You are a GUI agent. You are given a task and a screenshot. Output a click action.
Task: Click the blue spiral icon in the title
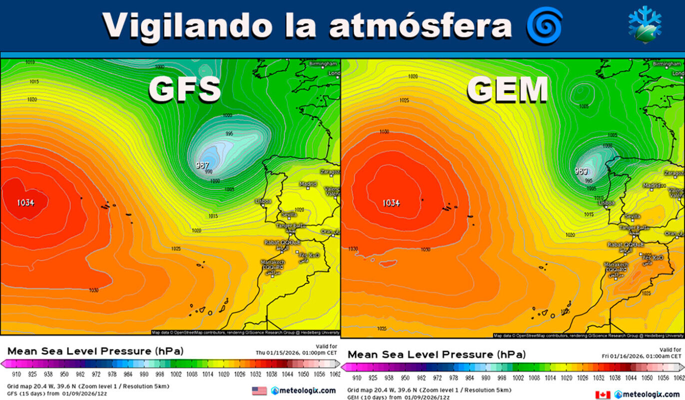pos(545,25)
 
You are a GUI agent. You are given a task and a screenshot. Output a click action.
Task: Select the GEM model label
pos(507,90)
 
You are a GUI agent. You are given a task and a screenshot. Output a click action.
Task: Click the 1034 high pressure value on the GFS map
pos(25,202)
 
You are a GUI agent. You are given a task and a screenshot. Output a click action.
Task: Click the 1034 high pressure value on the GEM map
pos(391,202)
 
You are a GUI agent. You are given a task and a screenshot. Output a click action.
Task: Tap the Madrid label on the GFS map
pos(308,184)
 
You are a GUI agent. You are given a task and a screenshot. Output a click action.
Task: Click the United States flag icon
pos(259,390)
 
